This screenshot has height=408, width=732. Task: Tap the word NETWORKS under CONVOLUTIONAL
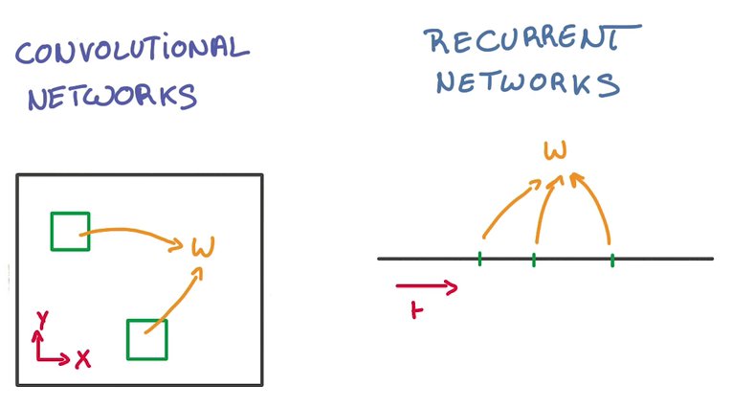click(x=112, y=95)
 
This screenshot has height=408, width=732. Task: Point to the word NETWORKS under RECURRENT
click(x=527, y=82)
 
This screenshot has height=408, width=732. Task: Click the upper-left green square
click(x=70, y=232)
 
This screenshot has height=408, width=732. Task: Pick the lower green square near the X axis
click(x=146, y=339)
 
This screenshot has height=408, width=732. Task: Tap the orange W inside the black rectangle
click(x=203, y=247)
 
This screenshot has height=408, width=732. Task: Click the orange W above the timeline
click(x=555, y=150)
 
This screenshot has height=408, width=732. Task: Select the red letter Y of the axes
click(x=41, y=317)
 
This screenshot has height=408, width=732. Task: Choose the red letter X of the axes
click(x=83, y=358)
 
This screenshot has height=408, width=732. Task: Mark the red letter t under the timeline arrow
click(x=415, y=308)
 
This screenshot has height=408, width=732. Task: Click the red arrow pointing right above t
click(x=426, y=285)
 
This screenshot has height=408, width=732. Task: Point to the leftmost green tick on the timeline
click(x=479, y=258)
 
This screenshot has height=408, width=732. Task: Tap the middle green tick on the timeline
click(x=534, y=259)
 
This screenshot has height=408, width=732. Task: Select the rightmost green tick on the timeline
click(x=611, y=259)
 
